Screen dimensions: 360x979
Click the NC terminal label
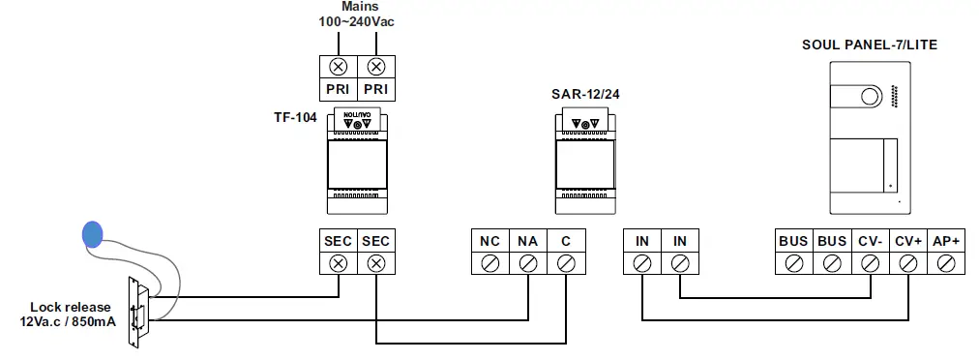click(x=489, y=241)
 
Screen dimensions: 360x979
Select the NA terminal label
click(x=527, y=241)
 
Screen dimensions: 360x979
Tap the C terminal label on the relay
click(x=566, y=241)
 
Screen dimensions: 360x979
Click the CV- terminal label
click(x=869, y=241)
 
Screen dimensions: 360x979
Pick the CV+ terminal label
click(x=907, y=241)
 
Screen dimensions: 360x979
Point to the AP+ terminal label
click(x=945, y=241)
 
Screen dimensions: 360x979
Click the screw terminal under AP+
click(x=945, y=262)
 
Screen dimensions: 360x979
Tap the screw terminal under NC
click(x=489, y=262)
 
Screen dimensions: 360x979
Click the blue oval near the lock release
click(x=92, y=233)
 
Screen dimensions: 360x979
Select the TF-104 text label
click(x=295, y=117)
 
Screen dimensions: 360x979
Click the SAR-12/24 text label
click(x=584, y=95)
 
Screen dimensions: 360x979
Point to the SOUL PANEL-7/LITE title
click(x=870, y=45)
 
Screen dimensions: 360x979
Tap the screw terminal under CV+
click(x=907, y=262)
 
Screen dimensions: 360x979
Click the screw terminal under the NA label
click(x=527, y=262)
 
